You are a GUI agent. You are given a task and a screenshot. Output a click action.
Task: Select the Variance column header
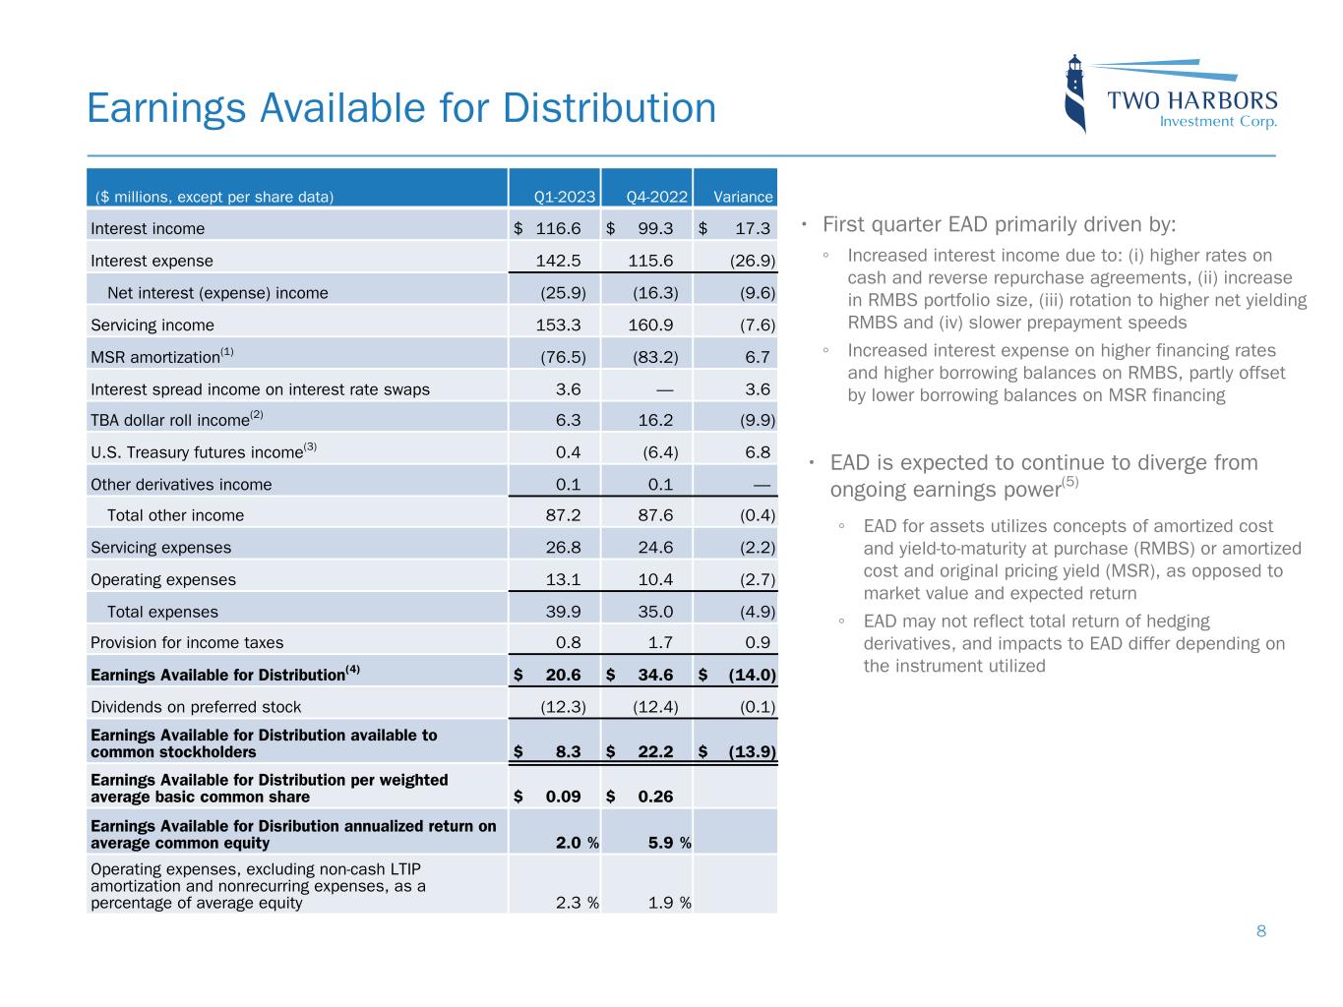743,197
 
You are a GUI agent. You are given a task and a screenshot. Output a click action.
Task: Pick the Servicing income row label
153,325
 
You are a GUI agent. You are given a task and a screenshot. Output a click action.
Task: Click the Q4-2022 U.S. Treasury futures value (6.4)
657,452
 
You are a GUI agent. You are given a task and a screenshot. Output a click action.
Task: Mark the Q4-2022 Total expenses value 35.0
653,612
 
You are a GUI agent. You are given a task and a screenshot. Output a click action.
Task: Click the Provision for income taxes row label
187,642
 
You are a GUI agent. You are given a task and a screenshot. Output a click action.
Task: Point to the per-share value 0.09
563,797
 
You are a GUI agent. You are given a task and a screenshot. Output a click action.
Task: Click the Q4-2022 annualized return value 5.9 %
669,843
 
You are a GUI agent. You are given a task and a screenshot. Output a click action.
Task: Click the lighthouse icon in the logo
1075,93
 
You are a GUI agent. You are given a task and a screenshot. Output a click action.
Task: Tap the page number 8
1260,931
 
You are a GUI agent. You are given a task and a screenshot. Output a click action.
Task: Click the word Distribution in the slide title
610,108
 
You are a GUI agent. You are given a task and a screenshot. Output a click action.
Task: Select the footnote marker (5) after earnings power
1070,482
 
